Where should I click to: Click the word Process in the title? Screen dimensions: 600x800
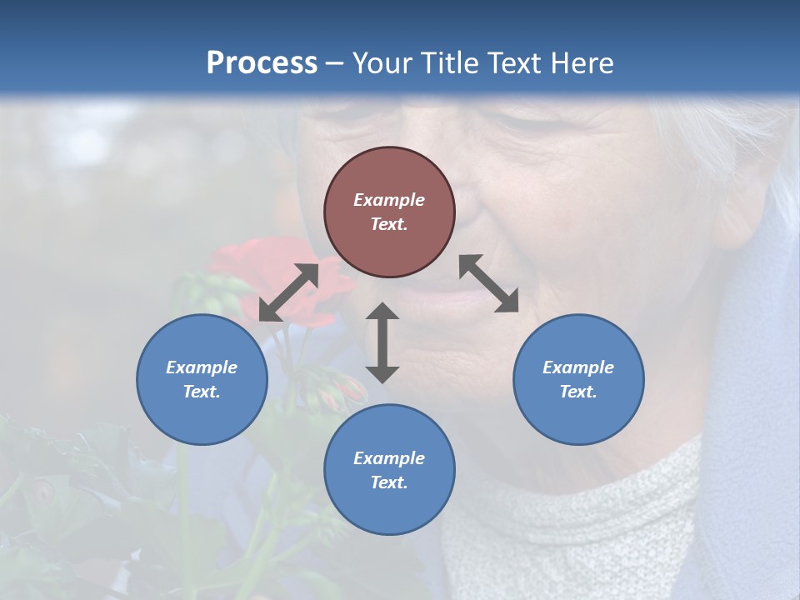pyautogui.click(x=262, y=63)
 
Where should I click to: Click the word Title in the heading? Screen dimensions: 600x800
pyautogui.click(x=447, y=63)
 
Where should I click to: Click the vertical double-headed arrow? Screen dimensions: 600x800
pyautogui.click(x=382, y=342)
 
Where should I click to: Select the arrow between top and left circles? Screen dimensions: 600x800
pyautogui.click(x=288, y=292)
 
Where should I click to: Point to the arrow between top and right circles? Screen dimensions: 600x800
pyautogui.click(x=489, y=283)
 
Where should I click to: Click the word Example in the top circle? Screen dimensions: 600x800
pyautogui.click(x=389, y=200)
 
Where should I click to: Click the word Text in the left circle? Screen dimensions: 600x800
pyautogui.click(x=202, y=392)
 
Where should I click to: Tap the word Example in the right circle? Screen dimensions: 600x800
pyautogui.click(x=578, y=367)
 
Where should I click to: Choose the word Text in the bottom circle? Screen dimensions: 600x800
pyautogui.click(x=388, y=482)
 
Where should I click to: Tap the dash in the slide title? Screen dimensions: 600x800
pyautogui.click(x=335, y=64)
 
